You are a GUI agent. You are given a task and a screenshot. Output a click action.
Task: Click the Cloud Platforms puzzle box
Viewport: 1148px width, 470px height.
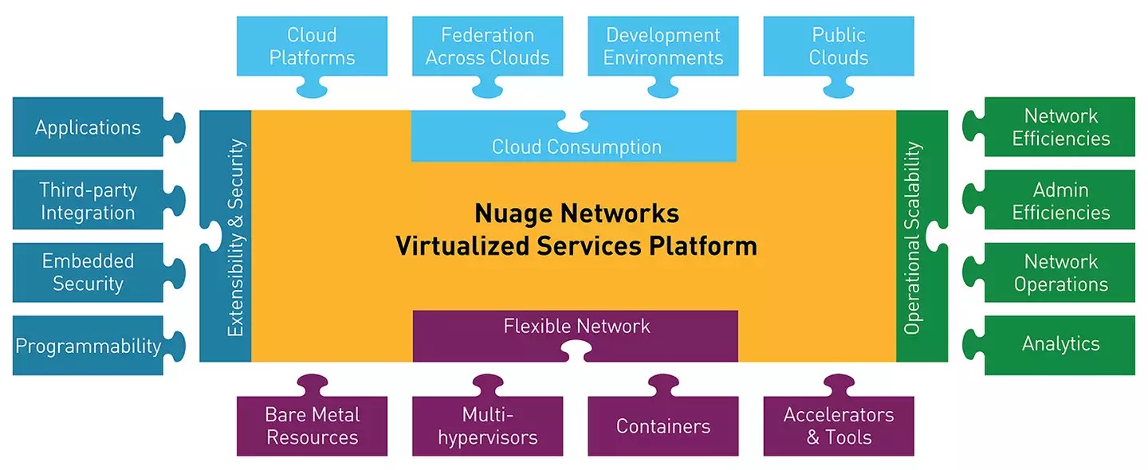312,46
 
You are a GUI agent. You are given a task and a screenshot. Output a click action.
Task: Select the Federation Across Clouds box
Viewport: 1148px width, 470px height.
487,46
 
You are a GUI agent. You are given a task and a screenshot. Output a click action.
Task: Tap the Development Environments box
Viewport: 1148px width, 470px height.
662,46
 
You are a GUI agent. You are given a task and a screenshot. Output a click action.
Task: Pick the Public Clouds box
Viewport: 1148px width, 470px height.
839,46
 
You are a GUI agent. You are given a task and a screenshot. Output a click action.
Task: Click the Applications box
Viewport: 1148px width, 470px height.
88,127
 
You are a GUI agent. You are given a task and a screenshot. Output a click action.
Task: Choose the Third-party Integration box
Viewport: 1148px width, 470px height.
88,201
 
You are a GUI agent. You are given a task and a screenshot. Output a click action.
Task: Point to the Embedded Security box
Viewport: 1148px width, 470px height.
88,272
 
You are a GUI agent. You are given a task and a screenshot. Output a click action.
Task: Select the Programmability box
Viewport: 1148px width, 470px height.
88,346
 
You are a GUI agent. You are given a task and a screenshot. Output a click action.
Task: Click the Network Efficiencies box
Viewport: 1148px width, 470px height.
1060,127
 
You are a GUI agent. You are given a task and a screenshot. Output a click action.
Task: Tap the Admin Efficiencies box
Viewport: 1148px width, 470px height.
1060,201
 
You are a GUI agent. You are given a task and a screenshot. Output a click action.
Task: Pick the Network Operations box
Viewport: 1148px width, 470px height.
1060,272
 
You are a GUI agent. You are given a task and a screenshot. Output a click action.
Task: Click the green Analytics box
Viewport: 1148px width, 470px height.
1060,344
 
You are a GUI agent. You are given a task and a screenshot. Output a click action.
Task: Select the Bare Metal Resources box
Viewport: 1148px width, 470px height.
312,426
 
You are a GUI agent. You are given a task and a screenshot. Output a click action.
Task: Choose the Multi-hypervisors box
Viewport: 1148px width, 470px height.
487,426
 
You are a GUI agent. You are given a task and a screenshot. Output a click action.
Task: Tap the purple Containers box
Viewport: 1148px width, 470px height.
662,426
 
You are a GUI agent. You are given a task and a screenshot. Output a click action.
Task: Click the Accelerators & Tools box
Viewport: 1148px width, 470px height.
839,426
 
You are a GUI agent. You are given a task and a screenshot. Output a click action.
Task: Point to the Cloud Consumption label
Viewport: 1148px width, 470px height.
576,147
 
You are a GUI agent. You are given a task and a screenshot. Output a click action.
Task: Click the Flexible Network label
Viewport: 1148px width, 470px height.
576,326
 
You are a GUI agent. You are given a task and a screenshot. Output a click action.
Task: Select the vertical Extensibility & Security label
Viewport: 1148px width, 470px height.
236,237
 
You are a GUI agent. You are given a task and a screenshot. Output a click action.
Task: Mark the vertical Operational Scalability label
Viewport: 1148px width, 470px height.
913,237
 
